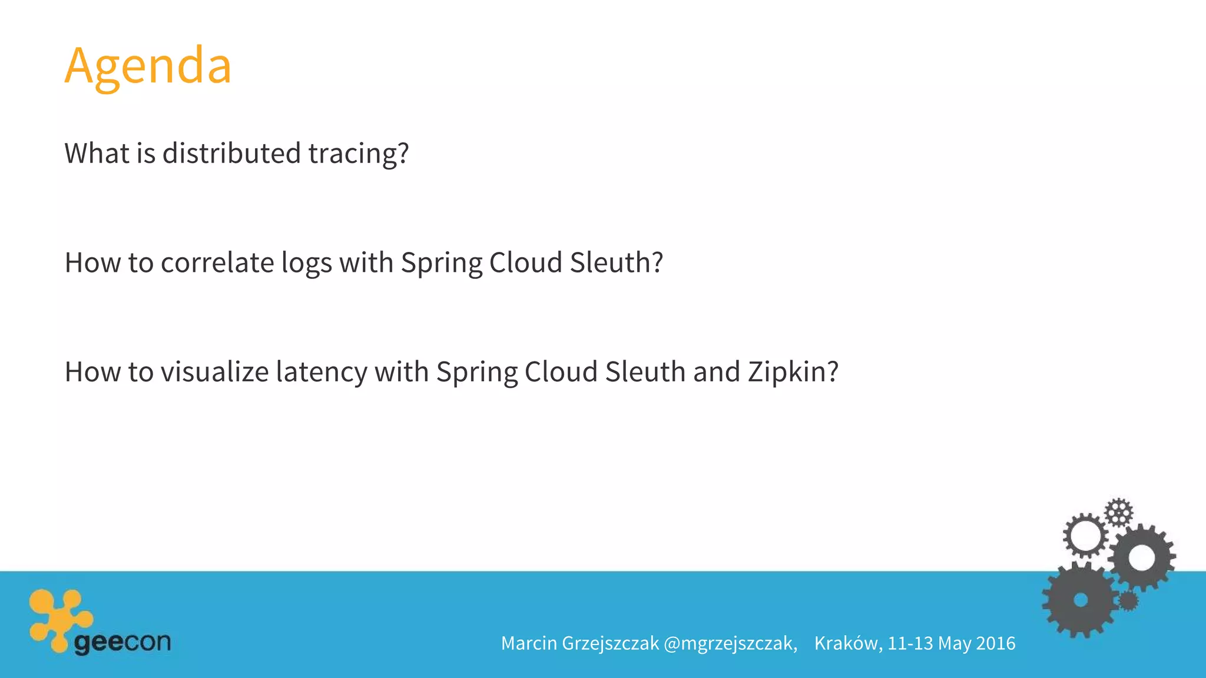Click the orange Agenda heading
click(x=148, y=66)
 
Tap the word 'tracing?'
click(x=358, y=153)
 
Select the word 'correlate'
click(x=217, y=262)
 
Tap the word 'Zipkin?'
click(x=793, y=372)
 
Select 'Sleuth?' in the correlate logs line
click(x=616, y=262)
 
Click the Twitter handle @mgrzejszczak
click(x=730, y=643)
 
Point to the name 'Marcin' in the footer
click(x=529, y=643)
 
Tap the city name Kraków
click(x=848, y=643)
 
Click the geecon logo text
click(x=122, y=642)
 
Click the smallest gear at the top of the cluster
click(x=1118, y=512)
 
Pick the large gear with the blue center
click(x=1080, y=600)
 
